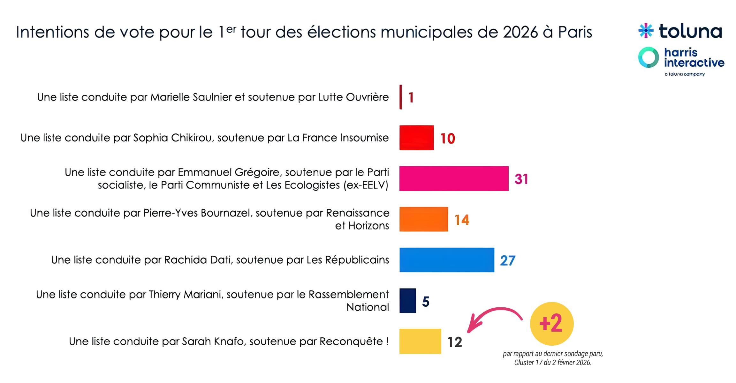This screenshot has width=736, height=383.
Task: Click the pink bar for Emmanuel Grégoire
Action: point(453,178)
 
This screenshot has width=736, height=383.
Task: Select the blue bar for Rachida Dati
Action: point(446,260)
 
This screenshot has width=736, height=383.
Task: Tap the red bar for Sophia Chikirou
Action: point(416,138)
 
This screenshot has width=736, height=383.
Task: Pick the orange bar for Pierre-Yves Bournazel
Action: point(423,219)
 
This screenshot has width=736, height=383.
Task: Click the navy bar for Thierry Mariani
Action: point(407,301)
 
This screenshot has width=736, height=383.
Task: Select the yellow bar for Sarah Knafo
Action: point(420,341)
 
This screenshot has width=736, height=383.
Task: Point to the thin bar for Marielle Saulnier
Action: point(400,97)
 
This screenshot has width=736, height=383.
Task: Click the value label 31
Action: point(521,179)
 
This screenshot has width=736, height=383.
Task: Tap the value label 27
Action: point(507,260)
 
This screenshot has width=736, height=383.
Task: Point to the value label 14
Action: point(462,220)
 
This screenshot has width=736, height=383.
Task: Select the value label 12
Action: point(455,342)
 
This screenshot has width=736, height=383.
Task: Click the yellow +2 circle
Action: point(551,324)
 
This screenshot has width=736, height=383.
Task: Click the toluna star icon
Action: point(646,31)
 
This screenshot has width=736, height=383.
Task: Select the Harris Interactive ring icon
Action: point(648,58)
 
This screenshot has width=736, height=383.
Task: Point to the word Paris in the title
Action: point(575,32)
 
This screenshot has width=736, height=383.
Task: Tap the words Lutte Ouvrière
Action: point(353,97)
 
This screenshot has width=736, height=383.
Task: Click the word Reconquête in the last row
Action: point(351,342)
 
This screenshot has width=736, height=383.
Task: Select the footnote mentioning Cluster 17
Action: point(553,358)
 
